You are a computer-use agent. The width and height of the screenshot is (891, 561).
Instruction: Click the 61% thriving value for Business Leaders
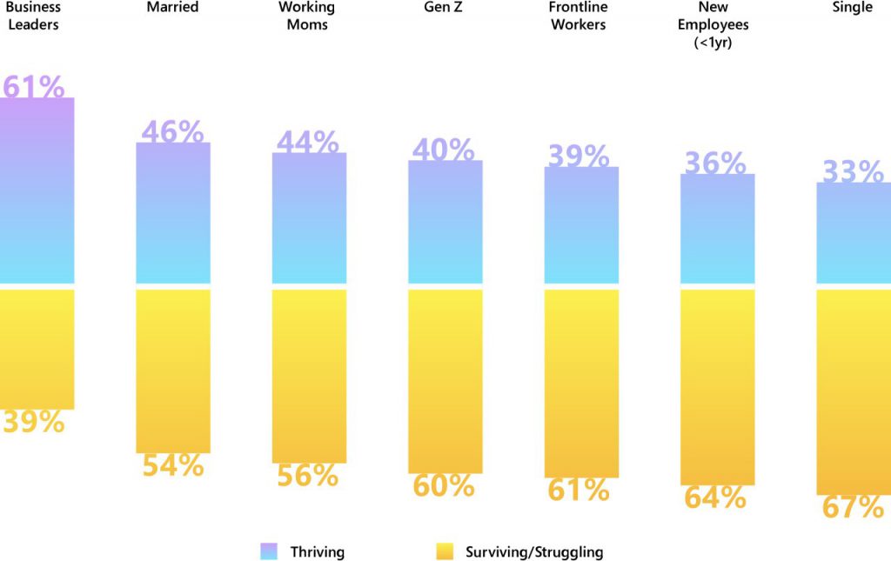33,87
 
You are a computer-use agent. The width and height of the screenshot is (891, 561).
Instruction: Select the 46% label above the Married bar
172,132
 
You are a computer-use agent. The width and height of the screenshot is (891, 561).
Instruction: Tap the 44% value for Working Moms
307,142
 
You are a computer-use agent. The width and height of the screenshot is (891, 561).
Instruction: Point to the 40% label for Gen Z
443,150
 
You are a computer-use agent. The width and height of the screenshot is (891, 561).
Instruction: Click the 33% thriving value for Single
853,172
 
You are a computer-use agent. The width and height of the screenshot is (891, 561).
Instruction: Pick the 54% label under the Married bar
172,465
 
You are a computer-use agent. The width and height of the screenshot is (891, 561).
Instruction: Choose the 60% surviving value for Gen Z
443,486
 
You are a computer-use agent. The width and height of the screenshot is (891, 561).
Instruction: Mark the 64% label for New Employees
714,498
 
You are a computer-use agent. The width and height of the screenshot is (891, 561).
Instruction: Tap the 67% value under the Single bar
853,508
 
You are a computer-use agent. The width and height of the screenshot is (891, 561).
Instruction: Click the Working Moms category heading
308,16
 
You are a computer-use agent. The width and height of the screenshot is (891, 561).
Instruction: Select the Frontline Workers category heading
578,16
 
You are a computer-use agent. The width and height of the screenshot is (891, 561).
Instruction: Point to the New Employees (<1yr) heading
714,24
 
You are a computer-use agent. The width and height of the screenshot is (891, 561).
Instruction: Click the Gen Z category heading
444,8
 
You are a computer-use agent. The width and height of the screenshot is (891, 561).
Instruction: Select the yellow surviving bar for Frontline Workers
581,383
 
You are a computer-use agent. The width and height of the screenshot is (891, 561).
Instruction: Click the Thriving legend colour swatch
269,551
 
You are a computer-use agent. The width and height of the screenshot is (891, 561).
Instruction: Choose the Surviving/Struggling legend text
533,552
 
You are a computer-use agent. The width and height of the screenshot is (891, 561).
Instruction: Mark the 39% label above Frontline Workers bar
578,156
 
